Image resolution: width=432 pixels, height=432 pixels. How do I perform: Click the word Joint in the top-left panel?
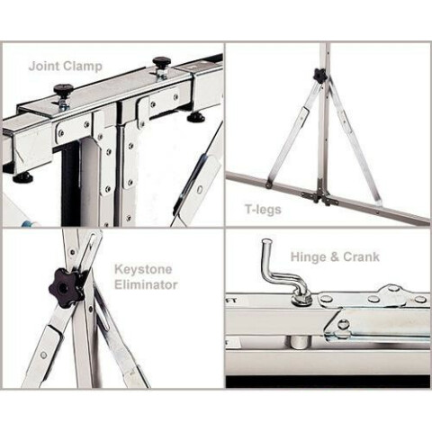click(x=43, y=67)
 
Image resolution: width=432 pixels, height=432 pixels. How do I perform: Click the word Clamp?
click(x=82, y=67)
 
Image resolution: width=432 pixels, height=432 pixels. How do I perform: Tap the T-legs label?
click(x=263, y=210)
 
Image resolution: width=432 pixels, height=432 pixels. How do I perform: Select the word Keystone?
click(x=143, y=269)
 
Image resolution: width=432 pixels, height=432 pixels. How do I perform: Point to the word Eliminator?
click(x=146, y=284)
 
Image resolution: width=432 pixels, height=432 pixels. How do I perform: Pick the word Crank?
click(x=362, y=256)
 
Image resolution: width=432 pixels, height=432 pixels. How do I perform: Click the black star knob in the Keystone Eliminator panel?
click(x=64, y=287)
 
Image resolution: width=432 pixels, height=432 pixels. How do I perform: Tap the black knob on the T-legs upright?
click(x=319, y=75)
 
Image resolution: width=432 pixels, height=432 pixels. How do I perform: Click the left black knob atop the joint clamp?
click(x=64, y=89)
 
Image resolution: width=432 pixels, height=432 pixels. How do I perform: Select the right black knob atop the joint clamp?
click(x=162, y=62)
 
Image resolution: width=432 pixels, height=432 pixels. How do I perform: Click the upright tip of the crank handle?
click(x=266, y=241)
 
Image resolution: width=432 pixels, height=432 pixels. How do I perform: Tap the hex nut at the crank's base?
click(x=301, y=301)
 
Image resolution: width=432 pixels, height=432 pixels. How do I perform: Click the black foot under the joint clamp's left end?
click(x=22, y=178)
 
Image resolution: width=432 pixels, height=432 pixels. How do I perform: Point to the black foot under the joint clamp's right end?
click(x=196, y=118)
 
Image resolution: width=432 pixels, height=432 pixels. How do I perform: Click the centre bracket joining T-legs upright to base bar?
click(x=319, y=195)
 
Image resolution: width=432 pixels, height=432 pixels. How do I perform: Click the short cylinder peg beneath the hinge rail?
click(x=297, y=342)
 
